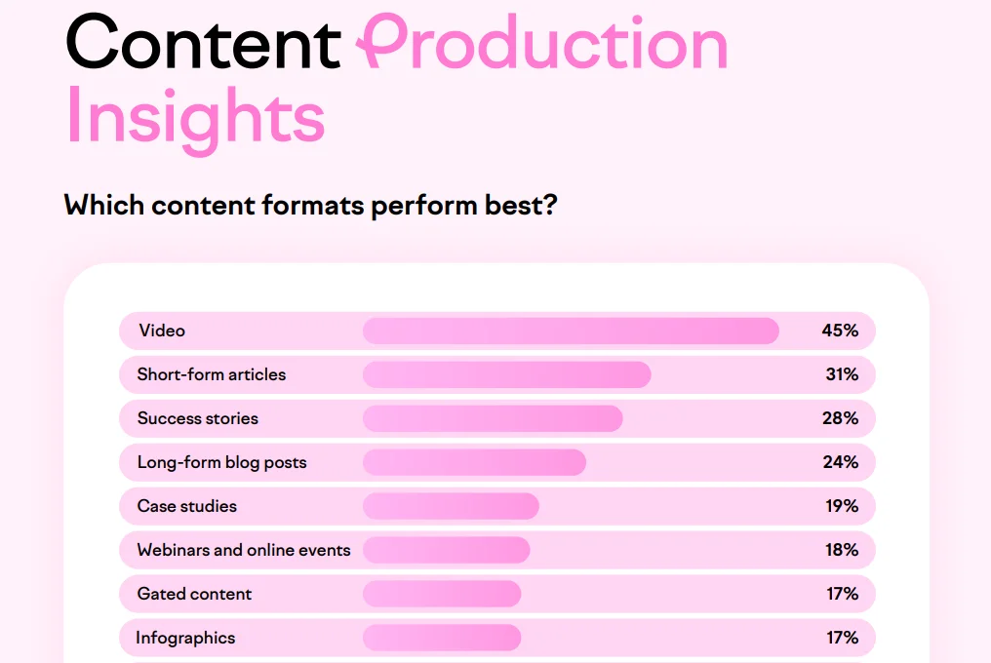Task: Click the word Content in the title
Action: pyautogui.click(x=203, y=41)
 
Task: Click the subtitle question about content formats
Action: pyautogui.click(x=310, y=206)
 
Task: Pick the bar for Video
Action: pyautogui.click(x=571, y=331)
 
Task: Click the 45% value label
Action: pyautogui.click(x=840, y=331)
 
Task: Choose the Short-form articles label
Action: pyautogui.click(x=212, y=374)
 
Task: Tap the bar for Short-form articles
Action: pyautogui.click(x=506, y=374)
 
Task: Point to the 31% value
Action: pyautogui.click(x=840, y=374)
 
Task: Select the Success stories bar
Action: pyautogui.click(x=493, y=418)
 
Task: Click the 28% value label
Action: pyautogui.click(x=840, y=418)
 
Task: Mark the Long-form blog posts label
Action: pyautogui.click(x=221, y=462)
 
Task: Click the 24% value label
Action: pyautogui.click(x=840, y=462)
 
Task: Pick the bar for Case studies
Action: pyautogui.click(x=451, y=506)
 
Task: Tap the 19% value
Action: pyautogui.click(x=840, y=506)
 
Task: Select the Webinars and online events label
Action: pyautogui.click(x=244, y=550)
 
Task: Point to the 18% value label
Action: pyautogui.click(x=840, y=550)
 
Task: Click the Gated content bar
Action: pyautogui.click(x=442, y=594)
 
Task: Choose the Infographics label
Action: pyautogui.click(x=185, y=638)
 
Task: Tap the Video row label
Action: pyautogui.click(x=162, y=331)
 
